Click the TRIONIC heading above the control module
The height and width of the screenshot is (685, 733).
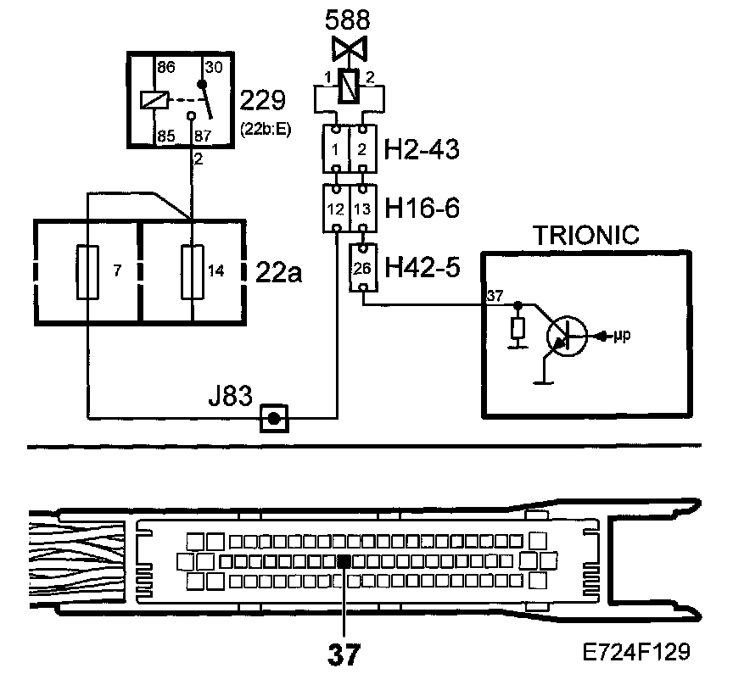[x=585, y=236]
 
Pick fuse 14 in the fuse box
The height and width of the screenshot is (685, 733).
[x=193, y=272]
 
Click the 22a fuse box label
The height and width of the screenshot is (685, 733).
[x=277, y=272]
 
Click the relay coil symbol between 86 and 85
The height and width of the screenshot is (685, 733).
[x=153, y=99]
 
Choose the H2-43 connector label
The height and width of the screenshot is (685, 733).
[x=422, y=151]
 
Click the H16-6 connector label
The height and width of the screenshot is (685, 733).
[x=422, y=209]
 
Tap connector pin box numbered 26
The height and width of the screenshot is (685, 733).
[x=362, y=266]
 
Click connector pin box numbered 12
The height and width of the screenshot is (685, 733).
[x=338, y=209]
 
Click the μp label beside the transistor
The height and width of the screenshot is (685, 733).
[x=621, y=336]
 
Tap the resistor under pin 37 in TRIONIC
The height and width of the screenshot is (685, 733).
[x=517, y=329]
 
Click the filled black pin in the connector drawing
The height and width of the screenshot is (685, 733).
[x=344, y=561]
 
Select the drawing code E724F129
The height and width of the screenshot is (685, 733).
[x=636, y=653]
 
